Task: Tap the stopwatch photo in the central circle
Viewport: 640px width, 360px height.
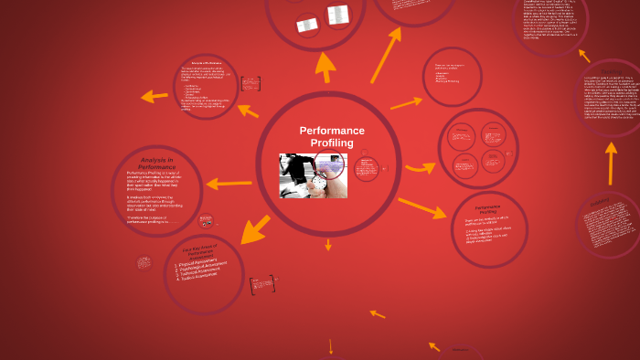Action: coord(313,175)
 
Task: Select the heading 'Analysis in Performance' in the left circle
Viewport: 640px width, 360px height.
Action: coord(156,163)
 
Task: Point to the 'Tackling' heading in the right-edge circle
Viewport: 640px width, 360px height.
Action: coord(610,70)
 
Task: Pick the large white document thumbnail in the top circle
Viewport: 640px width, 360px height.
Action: coord(338,15)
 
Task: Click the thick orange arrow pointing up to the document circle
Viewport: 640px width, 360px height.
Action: coord(325,66)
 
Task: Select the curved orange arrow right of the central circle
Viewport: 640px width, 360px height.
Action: coord(420,166)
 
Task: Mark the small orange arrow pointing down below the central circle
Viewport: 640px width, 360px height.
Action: coord(328,244)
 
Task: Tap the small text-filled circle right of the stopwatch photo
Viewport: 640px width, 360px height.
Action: coord(368,169)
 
